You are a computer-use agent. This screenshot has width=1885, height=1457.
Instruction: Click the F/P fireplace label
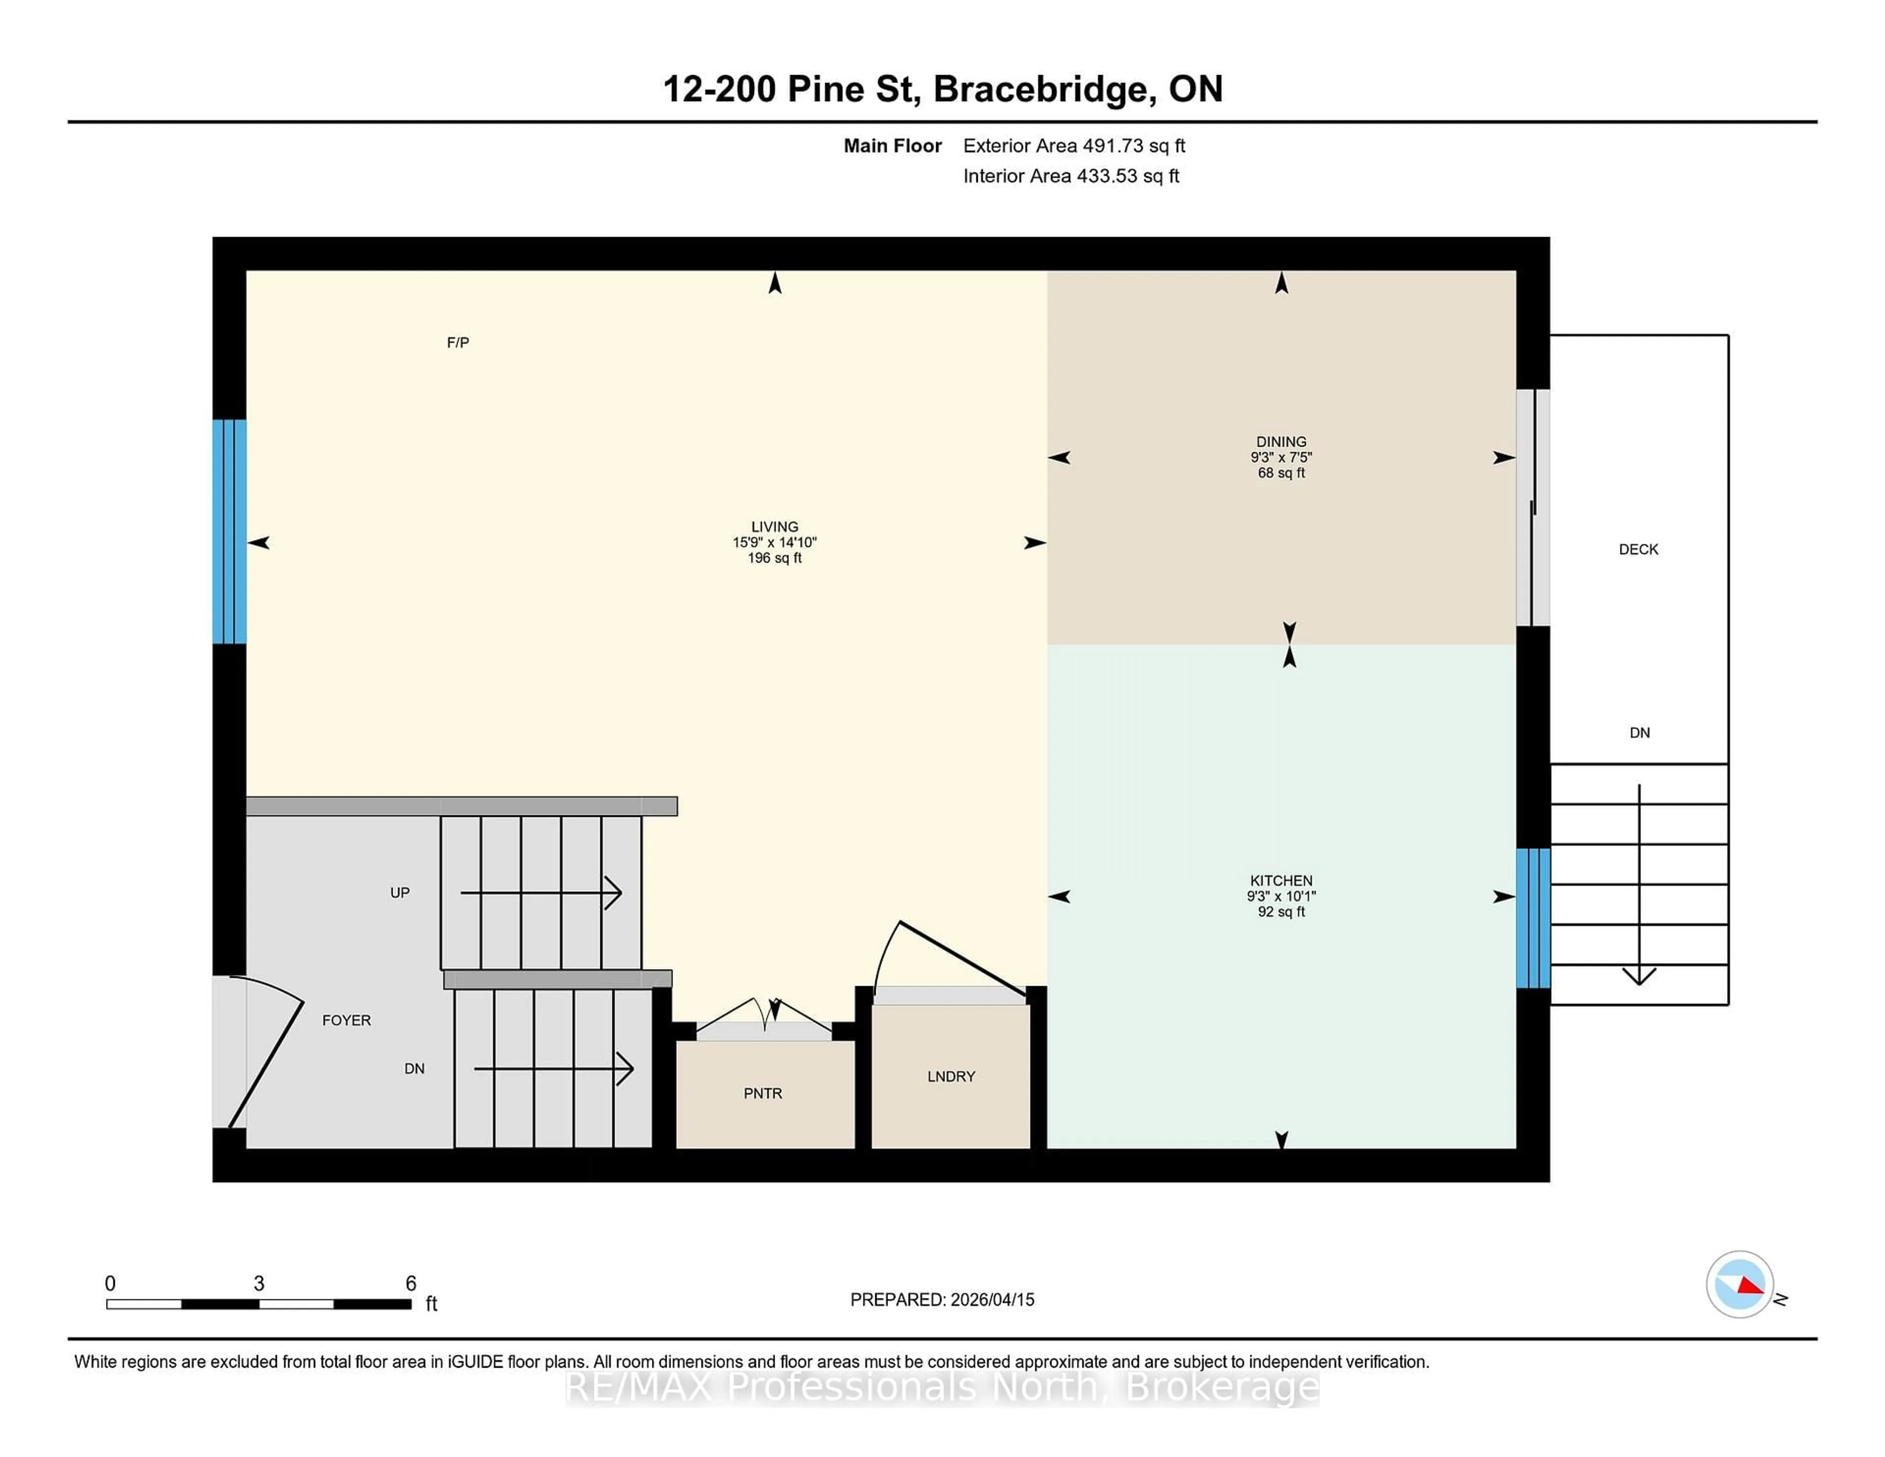tap(458, 343)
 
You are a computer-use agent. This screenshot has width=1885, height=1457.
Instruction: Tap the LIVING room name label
tap(774, 527)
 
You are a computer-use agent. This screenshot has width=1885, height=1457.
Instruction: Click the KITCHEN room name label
tap(1281, 880)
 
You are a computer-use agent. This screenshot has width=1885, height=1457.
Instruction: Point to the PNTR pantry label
tap(763, 1094)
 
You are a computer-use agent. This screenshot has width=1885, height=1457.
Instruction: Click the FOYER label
tap(346, 1020)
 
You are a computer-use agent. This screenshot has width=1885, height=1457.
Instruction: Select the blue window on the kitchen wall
tap(1533, 917)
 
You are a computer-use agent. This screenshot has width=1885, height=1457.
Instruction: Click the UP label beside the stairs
tap(400, 892)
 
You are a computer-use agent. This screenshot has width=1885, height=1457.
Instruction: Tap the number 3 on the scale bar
tap(259, 1284)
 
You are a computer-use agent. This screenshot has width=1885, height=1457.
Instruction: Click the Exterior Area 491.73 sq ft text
tap(1074, 146)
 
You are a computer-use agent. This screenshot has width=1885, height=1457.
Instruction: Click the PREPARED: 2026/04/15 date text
tap(942, 1300)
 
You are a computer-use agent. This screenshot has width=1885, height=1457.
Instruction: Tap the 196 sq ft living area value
tap(774, 559)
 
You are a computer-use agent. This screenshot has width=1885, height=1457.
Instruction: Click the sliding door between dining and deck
tap(1533, 508)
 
